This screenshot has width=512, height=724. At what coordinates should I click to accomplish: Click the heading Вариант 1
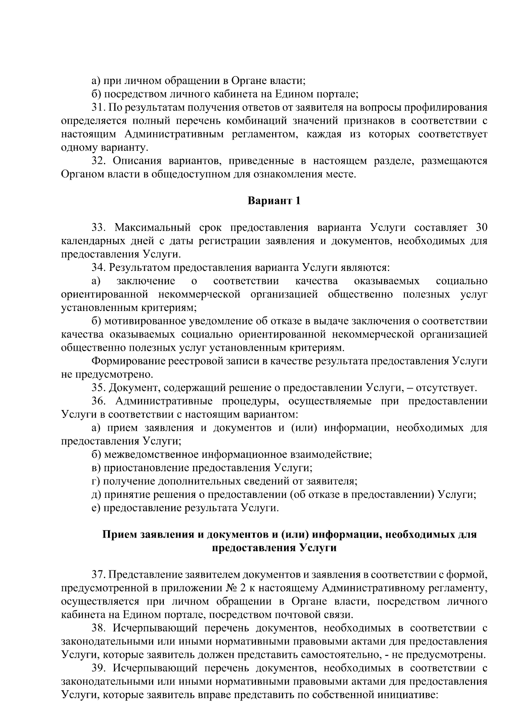[x=274, y=201]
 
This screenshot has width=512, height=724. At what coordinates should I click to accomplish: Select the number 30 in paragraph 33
[x=481, y=228]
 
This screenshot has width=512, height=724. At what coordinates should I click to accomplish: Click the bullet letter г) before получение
[x=96, y=481]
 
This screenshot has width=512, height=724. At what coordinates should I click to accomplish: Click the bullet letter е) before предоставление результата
[x=96, y=508]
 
